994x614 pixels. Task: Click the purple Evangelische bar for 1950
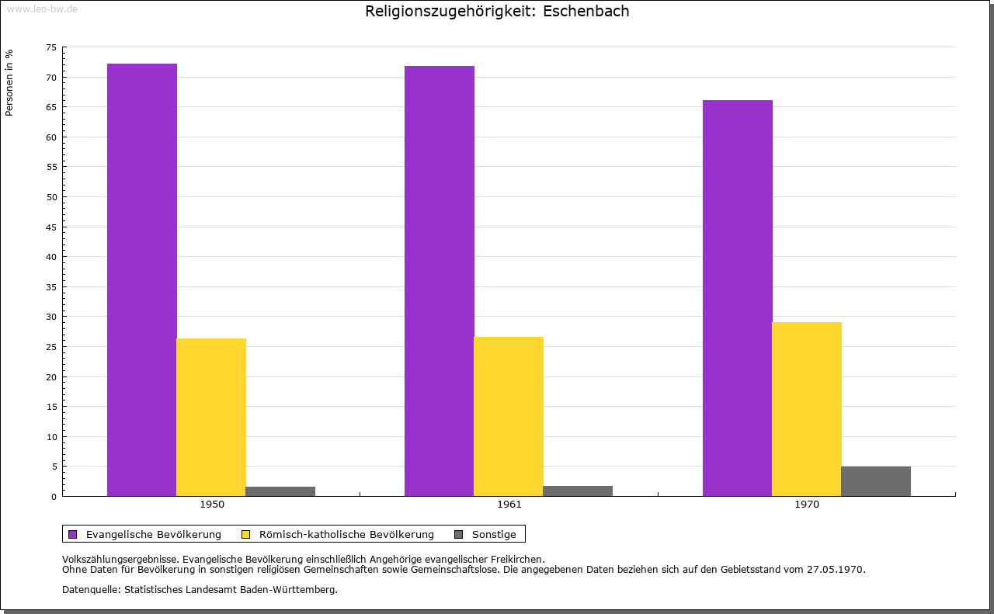pos(142,279)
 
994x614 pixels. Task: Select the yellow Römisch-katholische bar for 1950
pos(211,417)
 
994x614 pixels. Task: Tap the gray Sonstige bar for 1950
pos(280,491)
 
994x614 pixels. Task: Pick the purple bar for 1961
pos(440,281)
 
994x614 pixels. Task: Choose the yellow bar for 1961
pos(509,416)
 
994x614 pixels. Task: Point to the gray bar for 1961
pos(578,491)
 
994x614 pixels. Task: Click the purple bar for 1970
pos(738,298)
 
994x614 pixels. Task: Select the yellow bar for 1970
pos(807,409)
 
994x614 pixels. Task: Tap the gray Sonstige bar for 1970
pos(876,481)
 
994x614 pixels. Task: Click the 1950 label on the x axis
pos(212,505)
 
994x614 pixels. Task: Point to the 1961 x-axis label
pos(509,505)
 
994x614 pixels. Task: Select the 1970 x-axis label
pos(807,505)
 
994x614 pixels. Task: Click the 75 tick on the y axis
pos(51,47)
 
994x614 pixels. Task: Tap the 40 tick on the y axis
pos(51,257)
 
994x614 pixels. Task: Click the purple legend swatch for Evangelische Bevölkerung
pos(73,534)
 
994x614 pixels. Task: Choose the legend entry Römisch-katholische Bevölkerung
pos(346,534)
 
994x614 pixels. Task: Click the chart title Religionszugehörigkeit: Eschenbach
pos(497,11)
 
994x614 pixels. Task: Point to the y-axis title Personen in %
pos(9,82)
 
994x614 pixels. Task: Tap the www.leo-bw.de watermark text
pos(42,9)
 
